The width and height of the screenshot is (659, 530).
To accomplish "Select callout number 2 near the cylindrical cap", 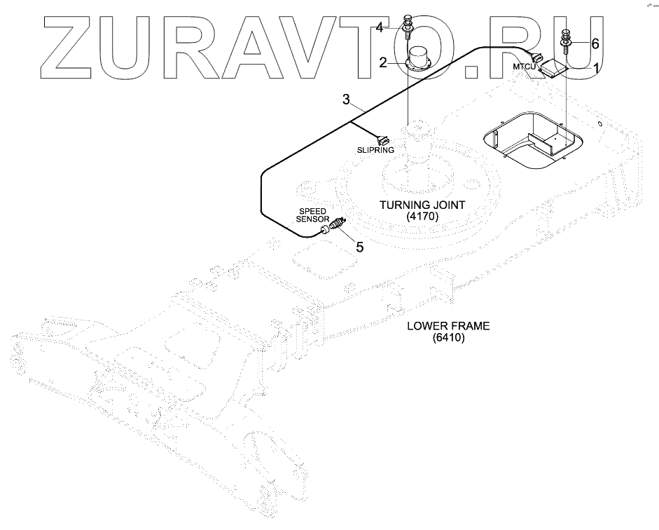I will [x=383, y=62].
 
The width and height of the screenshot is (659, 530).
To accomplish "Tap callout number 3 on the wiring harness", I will [x=346, y=99].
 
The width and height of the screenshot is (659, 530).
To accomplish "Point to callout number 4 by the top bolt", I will [x=379, y=27].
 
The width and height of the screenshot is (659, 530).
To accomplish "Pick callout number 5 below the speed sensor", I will [x=359, y=246].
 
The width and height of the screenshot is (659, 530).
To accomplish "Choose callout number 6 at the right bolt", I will [x=595, y=43].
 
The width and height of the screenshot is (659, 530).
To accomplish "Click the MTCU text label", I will [x=524, y=66].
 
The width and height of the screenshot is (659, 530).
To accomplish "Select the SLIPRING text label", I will [x=376, y=150].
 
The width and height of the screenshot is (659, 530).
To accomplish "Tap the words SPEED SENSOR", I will [x=313, y=215].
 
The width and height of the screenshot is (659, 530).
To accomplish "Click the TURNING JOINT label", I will [x=422, y=205].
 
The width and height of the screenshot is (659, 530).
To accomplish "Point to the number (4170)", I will [x=422, y=217].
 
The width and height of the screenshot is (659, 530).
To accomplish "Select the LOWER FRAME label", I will [x=448, y=326].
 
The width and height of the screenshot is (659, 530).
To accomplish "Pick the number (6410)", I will [x=448, y=338].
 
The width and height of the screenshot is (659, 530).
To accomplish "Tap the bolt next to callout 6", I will [x=567, y=39].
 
